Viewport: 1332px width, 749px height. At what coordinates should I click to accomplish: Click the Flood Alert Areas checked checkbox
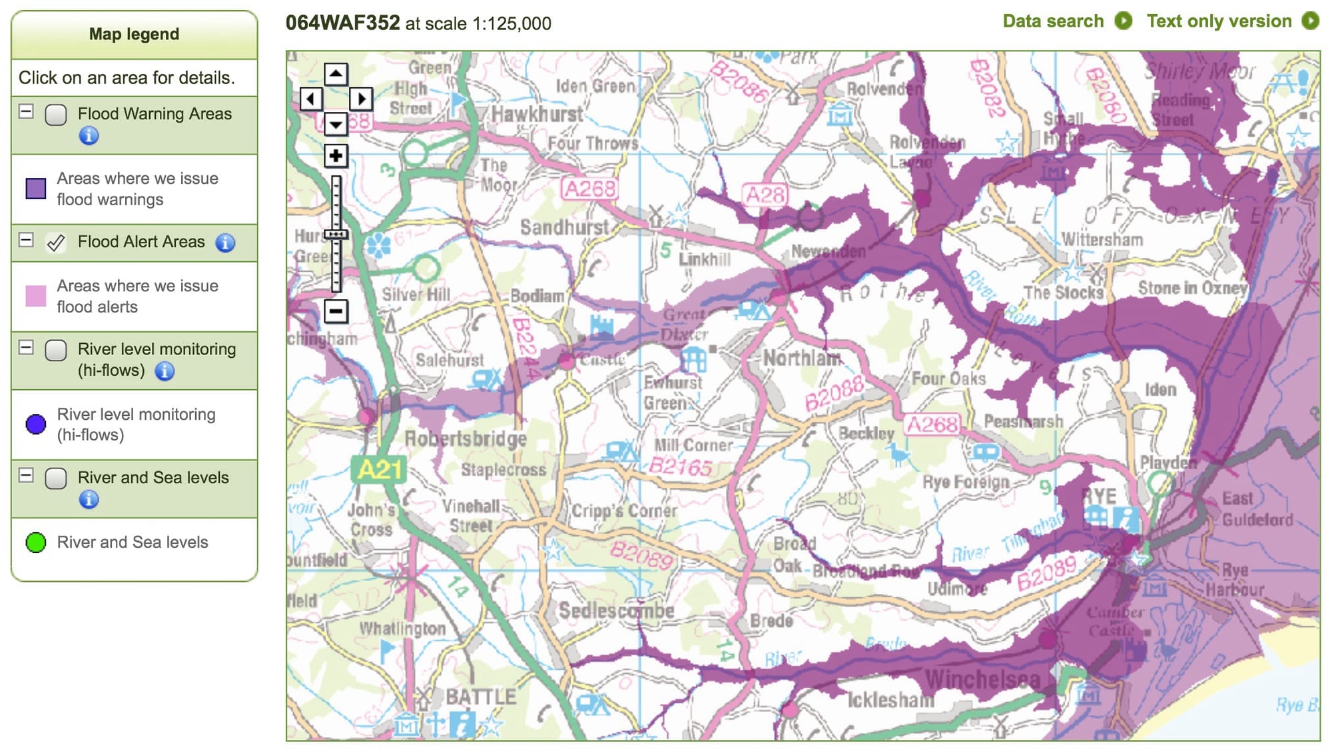pyautogui.click(x=56, y=243)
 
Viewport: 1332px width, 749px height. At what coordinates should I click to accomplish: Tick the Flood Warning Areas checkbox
pyautogui.click(x=56, y=115)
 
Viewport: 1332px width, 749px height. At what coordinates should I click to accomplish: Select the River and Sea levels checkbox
pyautogui.click(x=56, y=478)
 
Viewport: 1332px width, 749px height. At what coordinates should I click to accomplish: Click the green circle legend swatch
pyautogui.click(x=35, y=542)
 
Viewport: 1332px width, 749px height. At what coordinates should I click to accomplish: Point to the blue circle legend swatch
pyautogui.click(x=35, y=424)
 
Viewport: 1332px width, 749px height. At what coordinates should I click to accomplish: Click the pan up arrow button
pyautogui.click(x=336, y=74)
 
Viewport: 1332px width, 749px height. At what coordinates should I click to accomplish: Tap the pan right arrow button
pyautogui.click(x=360, y=99)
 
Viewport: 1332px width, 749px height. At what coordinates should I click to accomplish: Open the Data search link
pyautogui.click(x=1053, y=21)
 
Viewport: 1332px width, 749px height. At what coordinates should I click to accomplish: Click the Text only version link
pyautogui.click(x=1219, y=21)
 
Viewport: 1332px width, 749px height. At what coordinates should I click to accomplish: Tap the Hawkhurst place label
pyautogui.click(x=537, y=115)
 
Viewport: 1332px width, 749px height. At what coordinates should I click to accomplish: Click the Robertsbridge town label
pyautogui.click(x=466, y=438)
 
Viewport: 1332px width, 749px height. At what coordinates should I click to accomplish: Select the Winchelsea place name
pyautogui.click(x=982, y=680)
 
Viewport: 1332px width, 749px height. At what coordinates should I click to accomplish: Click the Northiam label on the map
pyautogui.click(x=802, y=359)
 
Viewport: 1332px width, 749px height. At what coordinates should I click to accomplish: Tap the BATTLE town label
pyautogui.click(x=481, y=697)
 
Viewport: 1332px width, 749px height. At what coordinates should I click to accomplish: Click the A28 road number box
pyautogui.click(x=765, y=195)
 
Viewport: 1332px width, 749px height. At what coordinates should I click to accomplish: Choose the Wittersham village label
pyautogui.click(x=1102, y=239)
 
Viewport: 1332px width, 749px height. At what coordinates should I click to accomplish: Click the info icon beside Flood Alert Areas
pyautogui.click(x=225, y=243)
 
